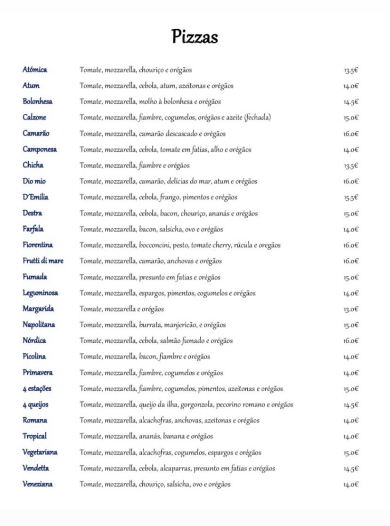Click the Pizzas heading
195,36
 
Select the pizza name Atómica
35,70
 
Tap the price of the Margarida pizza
351,309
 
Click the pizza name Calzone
34,117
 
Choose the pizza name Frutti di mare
43,261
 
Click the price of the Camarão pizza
351,134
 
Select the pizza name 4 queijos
35,405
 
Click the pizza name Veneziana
38,484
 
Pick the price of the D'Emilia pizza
351,198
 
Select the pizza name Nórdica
34,340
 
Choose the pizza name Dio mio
34,181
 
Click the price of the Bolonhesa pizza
351,102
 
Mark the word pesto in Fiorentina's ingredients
182,245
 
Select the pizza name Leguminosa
41,293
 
